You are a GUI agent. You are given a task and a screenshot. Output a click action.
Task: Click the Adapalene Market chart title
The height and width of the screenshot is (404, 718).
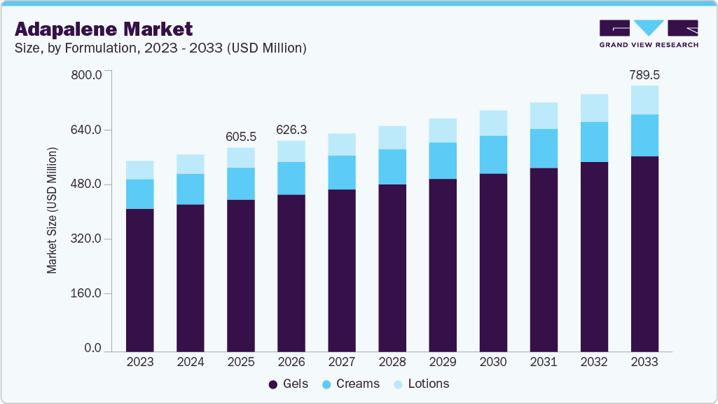pyautogui.click(x=104, y=29)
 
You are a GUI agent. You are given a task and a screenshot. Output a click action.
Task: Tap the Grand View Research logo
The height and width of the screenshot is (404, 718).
pyautogui.click(x=648, y=34)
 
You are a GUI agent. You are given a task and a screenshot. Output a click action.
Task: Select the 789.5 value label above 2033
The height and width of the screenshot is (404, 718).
pyautogui.click(x=644, y=75)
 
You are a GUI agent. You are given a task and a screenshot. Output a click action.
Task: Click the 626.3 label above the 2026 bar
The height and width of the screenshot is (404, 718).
pyautogui.click(x=291, y=130)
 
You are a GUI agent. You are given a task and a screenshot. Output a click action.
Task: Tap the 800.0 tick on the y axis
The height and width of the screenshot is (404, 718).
pyautogui.click(x=87, y=75)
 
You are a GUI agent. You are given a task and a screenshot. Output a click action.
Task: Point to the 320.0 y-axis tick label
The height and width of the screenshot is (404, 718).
pyautogui.click(x=87, y=239)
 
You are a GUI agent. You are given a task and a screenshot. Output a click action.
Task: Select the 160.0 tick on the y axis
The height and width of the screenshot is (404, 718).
pyautogui.click(x=87, y=294)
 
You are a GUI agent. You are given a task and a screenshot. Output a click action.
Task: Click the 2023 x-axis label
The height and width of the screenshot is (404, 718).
pyautogui.click(x=140, y=362)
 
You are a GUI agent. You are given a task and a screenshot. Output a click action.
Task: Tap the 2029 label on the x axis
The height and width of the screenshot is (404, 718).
pyautogui.click(x=443, y=362)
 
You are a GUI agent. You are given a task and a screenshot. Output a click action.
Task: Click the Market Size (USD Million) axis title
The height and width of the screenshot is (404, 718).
pyautogui.click(x=53, y=210)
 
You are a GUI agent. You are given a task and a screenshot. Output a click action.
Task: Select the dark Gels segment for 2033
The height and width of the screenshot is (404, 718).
pyautogui.click(x=644, y=252)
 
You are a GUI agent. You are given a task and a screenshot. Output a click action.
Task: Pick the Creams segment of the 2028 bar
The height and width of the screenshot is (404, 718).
pyautogui.click(x=392, y=167)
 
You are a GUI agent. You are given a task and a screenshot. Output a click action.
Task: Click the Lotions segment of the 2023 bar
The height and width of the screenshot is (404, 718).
pyautogui.click(x=140, y=170)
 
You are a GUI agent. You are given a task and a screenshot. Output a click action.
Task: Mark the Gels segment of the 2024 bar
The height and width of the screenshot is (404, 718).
pyautogui.click(x=191, y=277)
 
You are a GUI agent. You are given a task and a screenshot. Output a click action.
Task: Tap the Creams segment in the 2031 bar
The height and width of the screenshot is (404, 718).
pyautogui.click(x=544, y=149)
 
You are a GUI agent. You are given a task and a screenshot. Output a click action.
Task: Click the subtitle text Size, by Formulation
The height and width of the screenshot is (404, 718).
pyautogui.click(x=160, y=48)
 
